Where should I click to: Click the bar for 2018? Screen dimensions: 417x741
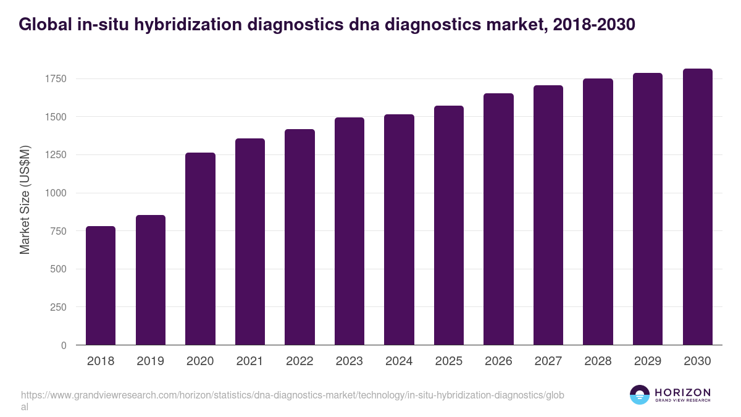pos(101,285)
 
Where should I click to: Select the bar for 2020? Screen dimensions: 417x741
pos(200,249)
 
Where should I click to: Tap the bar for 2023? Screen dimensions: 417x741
pos(350,231)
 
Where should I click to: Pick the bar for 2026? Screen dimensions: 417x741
pos(498,219)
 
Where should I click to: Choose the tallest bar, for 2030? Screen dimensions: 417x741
pos(697,207)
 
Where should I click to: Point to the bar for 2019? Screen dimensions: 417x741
pos(151,280)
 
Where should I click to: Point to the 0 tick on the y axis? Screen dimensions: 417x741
pos(63,345)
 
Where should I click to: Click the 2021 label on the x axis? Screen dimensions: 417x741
pos(250,361)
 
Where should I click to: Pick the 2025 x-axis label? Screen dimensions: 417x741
pos(449,361)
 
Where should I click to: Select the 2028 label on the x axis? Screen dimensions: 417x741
pos(598,361)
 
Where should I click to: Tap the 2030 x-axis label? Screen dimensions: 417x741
pos(697,361)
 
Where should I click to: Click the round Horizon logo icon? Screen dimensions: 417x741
pos(640,395)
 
